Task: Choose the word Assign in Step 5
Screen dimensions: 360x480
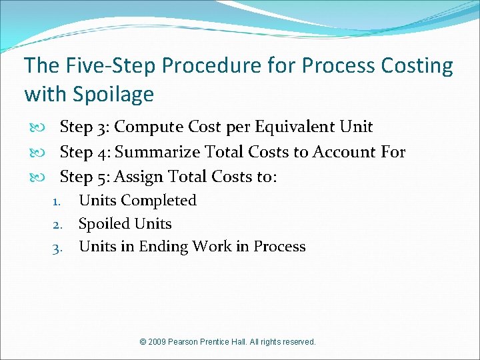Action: [x=138, y=177]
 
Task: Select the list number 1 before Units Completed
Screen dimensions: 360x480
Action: [x=57, y=201]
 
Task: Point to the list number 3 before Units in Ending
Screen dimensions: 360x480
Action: [x=57, y=247]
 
